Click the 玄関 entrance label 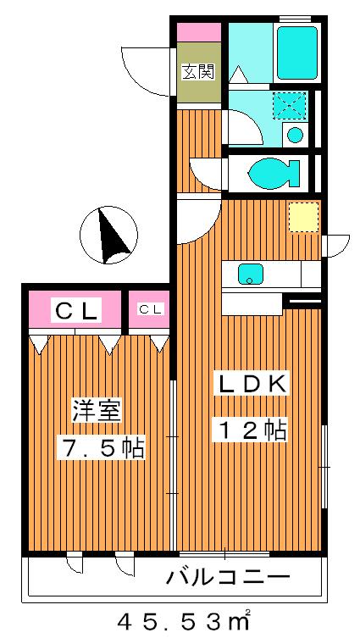pos(198,72)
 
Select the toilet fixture pos(273,174)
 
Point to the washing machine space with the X pos(287,106)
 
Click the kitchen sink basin pos(251,273)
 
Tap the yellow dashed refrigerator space pos(302,217)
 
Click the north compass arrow pos(110,236)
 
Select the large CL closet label pos(77,310)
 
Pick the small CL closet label pos(150,309)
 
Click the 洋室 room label pos(98,411)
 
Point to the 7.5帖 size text pos(101,447)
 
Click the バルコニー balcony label pos(228,579)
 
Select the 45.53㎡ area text pos(185,621)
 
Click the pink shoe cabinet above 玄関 pos(199,31)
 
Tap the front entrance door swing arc pos(146,68)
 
